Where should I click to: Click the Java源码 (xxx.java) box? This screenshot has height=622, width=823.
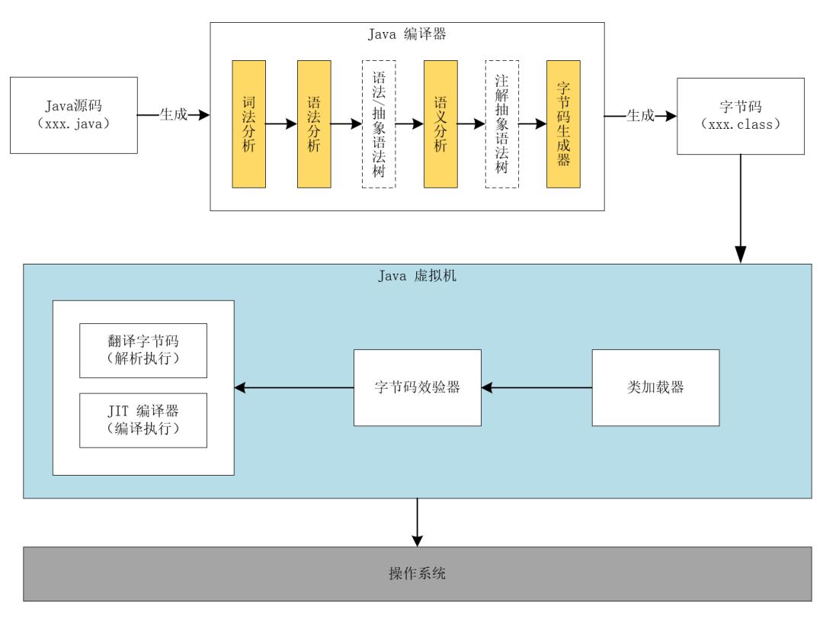(74, 114)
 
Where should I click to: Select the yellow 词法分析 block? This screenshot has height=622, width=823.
(248, 124)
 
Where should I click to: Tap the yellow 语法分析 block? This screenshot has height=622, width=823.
(314, 124)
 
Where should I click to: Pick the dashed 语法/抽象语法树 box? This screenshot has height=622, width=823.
(379, 124)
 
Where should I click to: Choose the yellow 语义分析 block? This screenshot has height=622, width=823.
(440, 124)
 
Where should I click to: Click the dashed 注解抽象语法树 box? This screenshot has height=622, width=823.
(501, 124)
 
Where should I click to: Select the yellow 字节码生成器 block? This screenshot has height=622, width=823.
(564, 124)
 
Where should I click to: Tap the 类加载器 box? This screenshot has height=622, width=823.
(656, 387)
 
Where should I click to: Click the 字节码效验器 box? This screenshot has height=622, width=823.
(418, 387)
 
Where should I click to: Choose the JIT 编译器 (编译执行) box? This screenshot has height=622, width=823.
(143, 419)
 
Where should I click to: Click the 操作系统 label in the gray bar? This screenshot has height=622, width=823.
(412, 573)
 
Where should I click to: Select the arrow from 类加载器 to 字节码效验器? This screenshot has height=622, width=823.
(537, 388)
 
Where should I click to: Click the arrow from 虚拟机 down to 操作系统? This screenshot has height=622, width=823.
(417, 522)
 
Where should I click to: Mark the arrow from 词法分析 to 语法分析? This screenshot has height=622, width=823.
(281, 124)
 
